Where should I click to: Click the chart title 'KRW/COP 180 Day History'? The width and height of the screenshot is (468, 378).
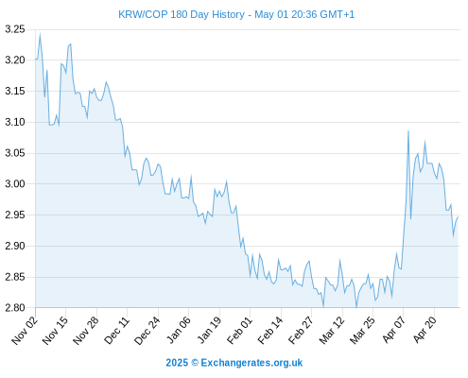point(182,14)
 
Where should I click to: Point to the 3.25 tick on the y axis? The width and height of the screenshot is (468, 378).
point(15,29)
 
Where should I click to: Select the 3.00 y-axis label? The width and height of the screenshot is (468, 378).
point(15,184)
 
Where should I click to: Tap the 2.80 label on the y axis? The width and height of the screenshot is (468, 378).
point(15,307)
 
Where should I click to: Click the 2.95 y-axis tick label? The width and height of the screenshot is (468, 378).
point(15,215)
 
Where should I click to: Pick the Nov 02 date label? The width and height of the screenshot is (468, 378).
point(25,331)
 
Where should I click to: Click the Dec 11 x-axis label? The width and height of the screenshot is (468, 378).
point(116,331)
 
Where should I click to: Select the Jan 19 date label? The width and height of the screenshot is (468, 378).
point(209,331)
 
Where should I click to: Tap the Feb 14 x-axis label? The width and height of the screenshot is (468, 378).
point(270,331)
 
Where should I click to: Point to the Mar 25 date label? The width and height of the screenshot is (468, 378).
point(362,331)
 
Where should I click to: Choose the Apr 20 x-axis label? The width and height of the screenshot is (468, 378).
point(425,329)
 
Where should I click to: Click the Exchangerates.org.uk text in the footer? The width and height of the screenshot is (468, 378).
point(251,363)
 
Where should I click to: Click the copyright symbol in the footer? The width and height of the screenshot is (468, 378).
point(195,363)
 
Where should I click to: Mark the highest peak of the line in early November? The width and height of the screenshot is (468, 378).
point(40,34)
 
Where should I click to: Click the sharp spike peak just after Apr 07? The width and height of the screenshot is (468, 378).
point(408,130)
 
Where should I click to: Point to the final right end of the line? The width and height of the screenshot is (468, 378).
point(458,217)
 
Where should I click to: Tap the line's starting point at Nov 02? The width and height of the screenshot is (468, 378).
point(36,60)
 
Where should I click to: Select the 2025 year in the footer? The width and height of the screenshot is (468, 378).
point(177,363)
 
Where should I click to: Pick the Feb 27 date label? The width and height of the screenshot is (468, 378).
point(301,331)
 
